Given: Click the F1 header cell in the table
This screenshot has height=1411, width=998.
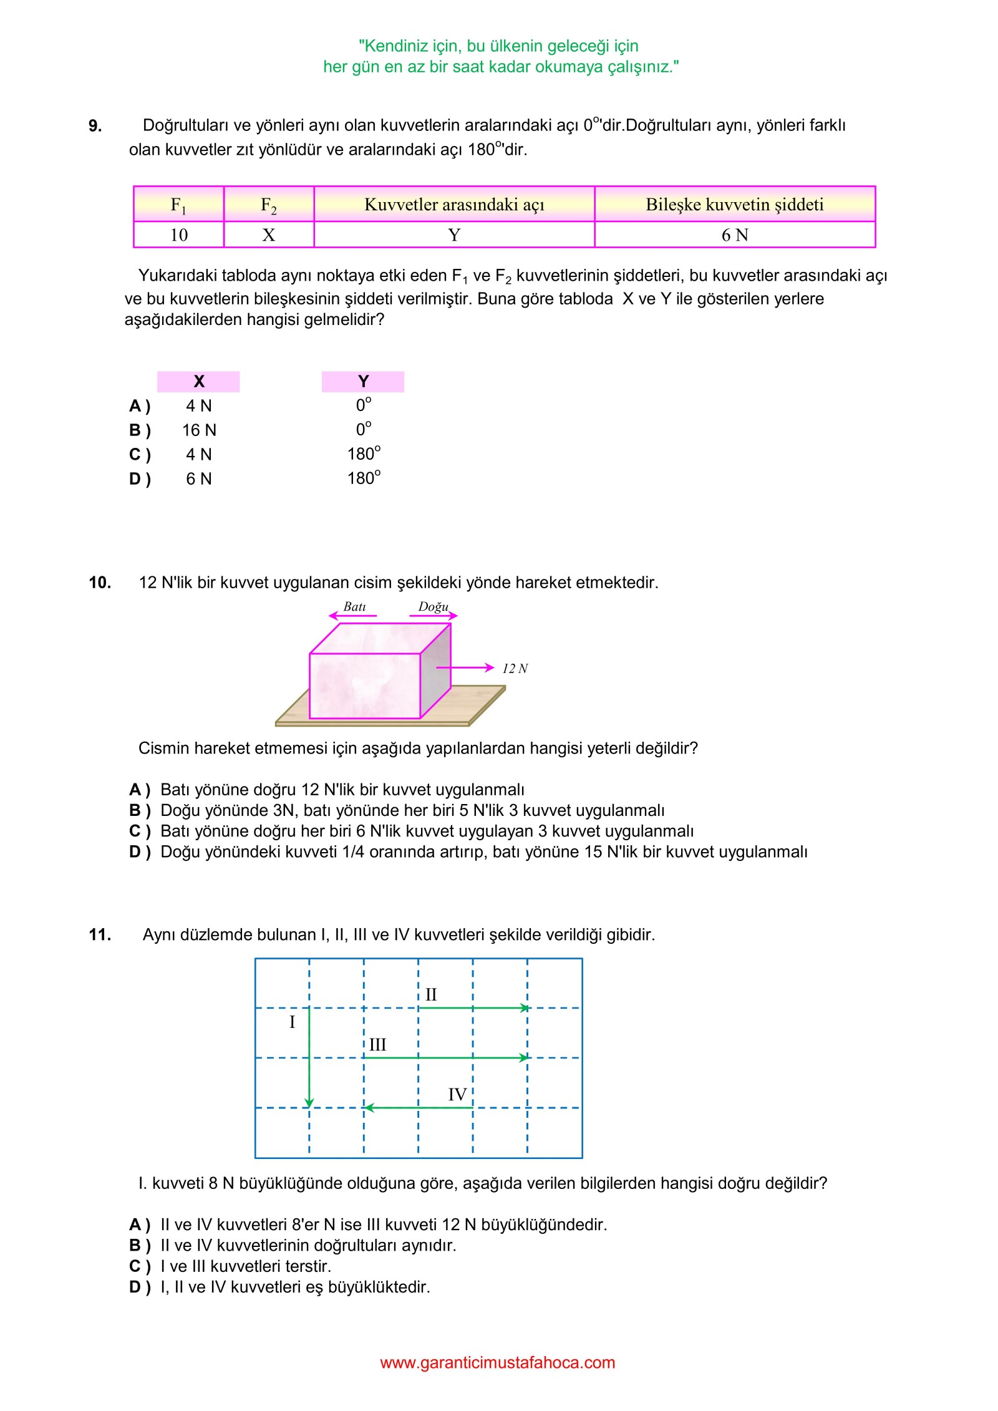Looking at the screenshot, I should point(178,205).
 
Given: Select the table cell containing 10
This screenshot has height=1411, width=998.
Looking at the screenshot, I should point(178,235).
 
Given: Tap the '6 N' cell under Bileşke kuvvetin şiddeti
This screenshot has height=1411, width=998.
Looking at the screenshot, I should point(734,235).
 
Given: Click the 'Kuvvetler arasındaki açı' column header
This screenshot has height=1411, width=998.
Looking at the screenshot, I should point(454,205).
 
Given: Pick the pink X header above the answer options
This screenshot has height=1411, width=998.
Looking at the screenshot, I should point(198,381).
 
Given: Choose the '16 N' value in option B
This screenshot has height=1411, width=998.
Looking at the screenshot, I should point(199,430).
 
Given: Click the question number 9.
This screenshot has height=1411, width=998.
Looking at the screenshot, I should point(95,126).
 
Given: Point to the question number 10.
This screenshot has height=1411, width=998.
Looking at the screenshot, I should point(100,583).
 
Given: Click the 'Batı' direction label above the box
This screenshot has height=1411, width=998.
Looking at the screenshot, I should point(354,607).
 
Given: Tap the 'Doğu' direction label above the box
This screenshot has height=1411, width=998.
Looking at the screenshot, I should point(433,607).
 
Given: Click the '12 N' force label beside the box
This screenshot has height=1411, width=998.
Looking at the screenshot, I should point(515,669).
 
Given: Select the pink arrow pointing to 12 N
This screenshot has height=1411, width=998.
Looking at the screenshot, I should point(465,668).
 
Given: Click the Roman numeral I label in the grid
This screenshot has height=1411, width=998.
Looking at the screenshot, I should point(292,1022).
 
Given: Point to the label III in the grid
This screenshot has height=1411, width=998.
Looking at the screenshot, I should point(377,1045).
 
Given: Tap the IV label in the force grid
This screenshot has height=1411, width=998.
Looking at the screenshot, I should point(457,1095).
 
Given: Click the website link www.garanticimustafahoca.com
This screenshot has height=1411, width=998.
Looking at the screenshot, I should point(497,1362).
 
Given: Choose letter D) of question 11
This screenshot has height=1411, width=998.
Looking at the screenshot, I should point(139,1287).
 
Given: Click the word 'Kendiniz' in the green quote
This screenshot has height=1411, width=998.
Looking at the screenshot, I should point(394,46).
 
